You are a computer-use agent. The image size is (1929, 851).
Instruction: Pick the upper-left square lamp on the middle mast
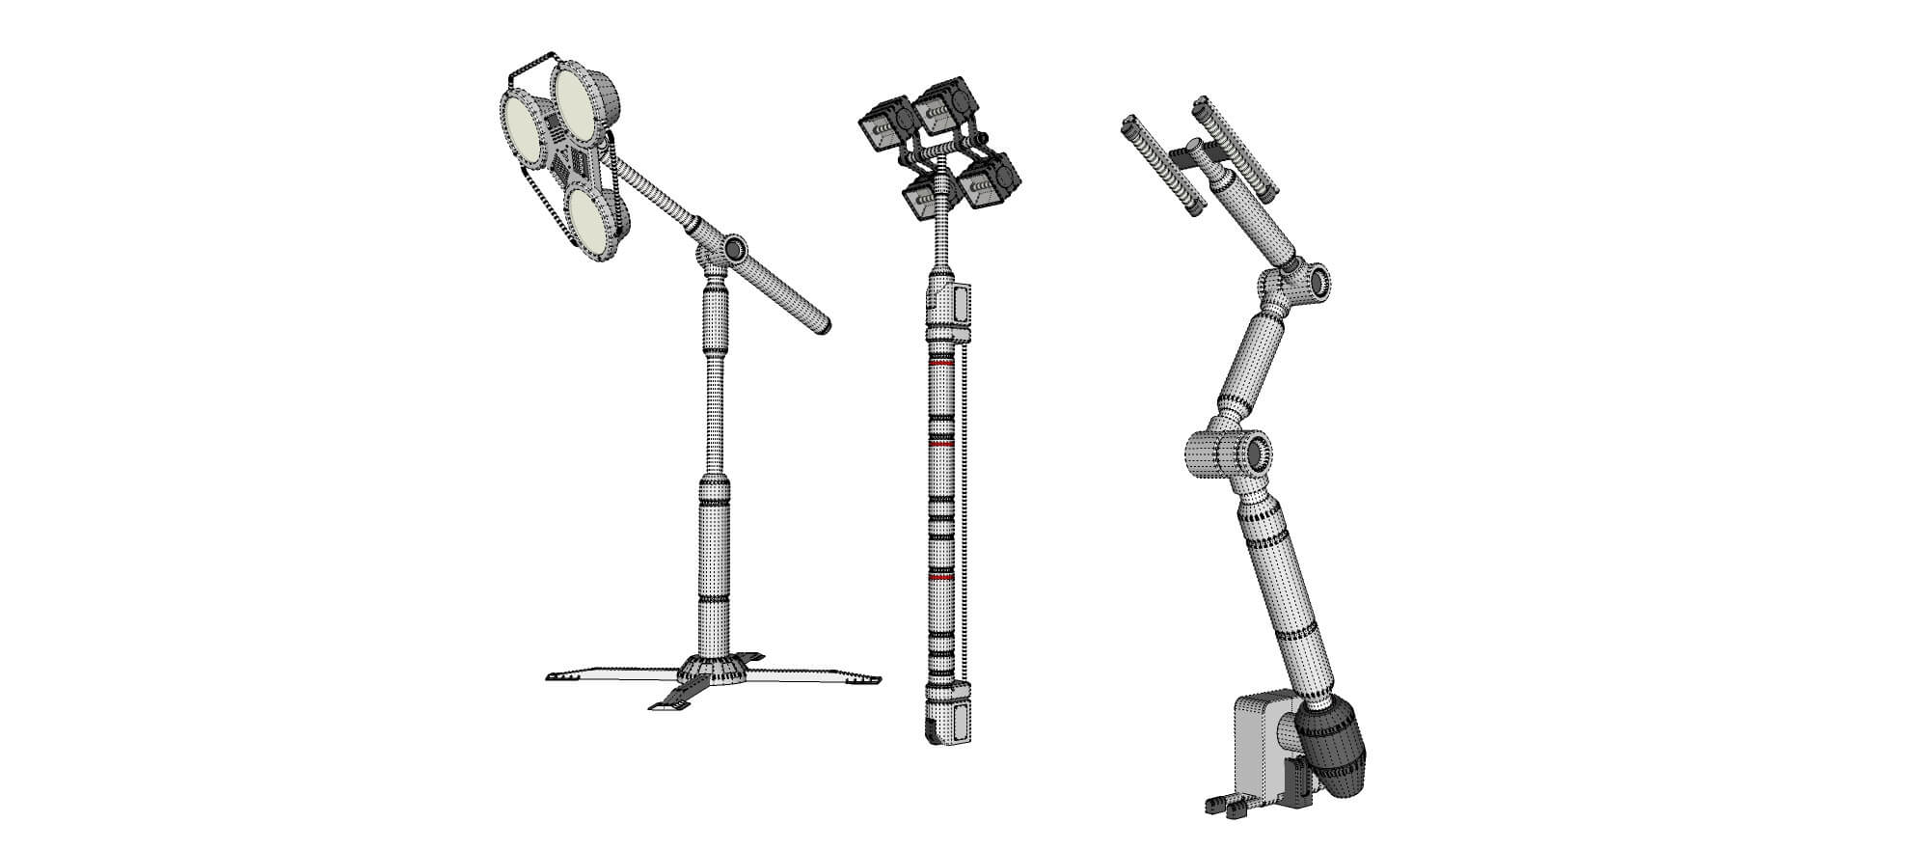(x=880, y=125)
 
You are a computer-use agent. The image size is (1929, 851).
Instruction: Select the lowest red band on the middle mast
(x=940, y=576)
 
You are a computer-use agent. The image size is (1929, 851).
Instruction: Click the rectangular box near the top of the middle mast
(x=961, y=306)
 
